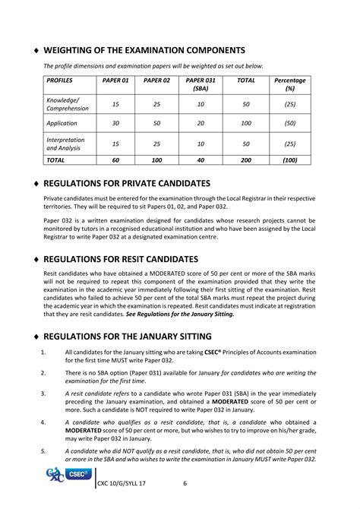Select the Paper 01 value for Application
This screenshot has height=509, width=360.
coord(116,123)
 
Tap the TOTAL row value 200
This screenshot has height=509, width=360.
coord(246,160)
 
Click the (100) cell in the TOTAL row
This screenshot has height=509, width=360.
coord(289,160)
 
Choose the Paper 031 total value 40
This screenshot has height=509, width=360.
coord(201,160)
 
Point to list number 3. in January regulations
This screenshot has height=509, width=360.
coord(44,393)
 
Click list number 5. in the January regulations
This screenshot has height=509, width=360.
coord(44,451)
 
